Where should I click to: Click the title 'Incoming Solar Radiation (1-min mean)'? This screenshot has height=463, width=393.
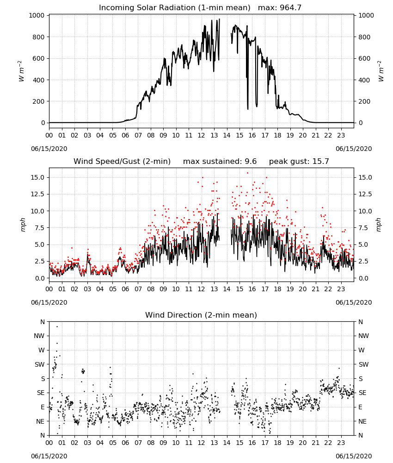tap(174, 7)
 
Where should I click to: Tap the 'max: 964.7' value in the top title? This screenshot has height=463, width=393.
tap(280, 7)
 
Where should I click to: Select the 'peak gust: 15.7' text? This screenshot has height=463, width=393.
tap(299, 161)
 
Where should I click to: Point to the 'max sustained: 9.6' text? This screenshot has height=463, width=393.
tap(220, 161)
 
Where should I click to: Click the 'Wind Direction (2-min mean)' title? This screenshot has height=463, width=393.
tap(201, 315)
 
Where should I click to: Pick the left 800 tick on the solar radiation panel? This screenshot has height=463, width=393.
tap(39, 37)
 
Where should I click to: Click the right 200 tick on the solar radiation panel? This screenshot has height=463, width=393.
tap(364, 101)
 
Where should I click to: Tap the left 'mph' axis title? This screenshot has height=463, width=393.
tap(23, 225)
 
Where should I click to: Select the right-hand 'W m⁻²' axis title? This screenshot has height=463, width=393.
tap(381, 71)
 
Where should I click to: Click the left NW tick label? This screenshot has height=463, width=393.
tap(39, 336)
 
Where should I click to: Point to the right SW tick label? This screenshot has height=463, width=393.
tap(363, 364)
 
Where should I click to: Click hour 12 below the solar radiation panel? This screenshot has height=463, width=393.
tap(201, 135)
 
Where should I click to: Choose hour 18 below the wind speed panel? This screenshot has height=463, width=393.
tap(277, 289)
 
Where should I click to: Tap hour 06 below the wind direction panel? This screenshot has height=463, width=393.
tap(125, 443)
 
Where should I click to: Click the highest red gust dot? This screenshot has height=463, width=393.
tap(248, 173)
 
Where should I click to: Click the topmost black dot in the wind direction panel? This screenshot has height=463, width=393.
tap(57, 326)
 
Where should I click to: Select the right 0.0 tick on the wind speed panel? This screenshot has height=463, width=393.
tap(363, 278)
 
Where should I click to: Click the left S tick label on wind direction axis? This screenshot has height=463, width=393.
tap(43, 379)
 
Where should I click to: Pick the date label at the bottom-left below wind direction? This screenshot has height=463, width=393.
tap(49, 456)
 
